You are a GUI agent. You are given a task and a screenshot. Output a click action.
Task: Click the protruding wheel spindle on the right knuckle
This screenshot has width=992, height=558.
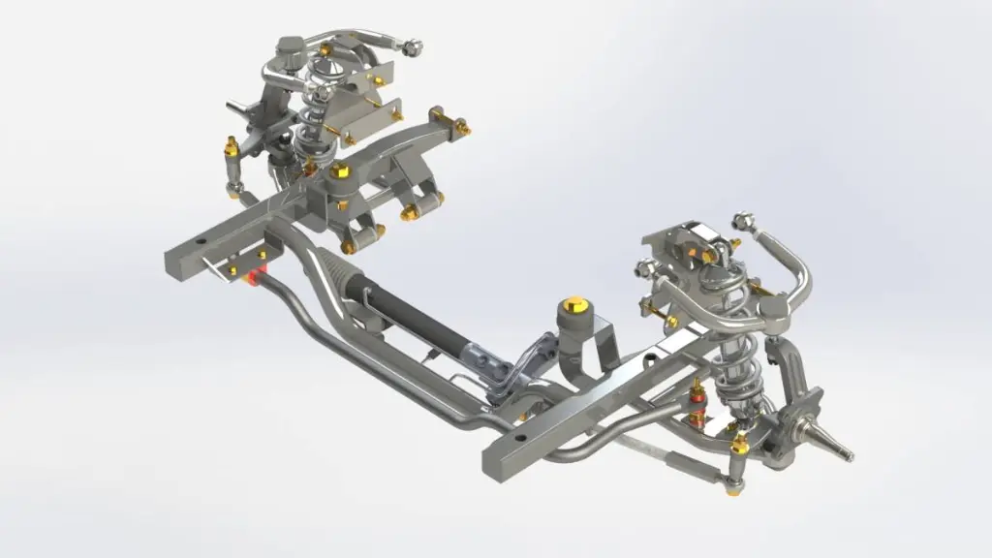pos(839,449)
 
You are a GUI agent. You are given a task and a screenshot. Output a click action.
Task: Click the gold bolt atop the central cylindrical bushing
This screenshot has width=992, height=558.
pos(573,302)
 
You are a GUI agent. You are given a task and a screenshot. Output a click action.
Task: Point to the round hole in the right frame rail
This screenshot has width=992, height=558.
pos(521,439)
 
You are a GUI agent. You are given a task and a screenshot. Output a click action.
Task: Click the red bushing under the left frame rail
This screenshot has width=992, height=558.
pos(259,279)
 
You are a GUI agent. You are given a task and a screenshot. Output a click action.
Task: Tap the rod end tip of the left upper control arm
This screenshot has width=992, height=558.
pos(412,46)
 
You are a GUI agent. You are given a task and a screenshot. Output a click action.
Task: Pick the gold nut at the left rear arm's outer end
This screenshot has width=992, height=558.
pos(462,126)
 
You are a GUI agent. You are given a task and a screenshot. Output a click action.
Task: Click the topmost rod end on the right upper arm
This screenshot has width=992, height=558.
pos(743,220)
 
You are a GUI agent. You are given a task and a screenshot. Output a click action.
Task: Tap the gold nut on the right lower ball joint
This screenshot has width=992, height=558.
pos(740,444)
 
